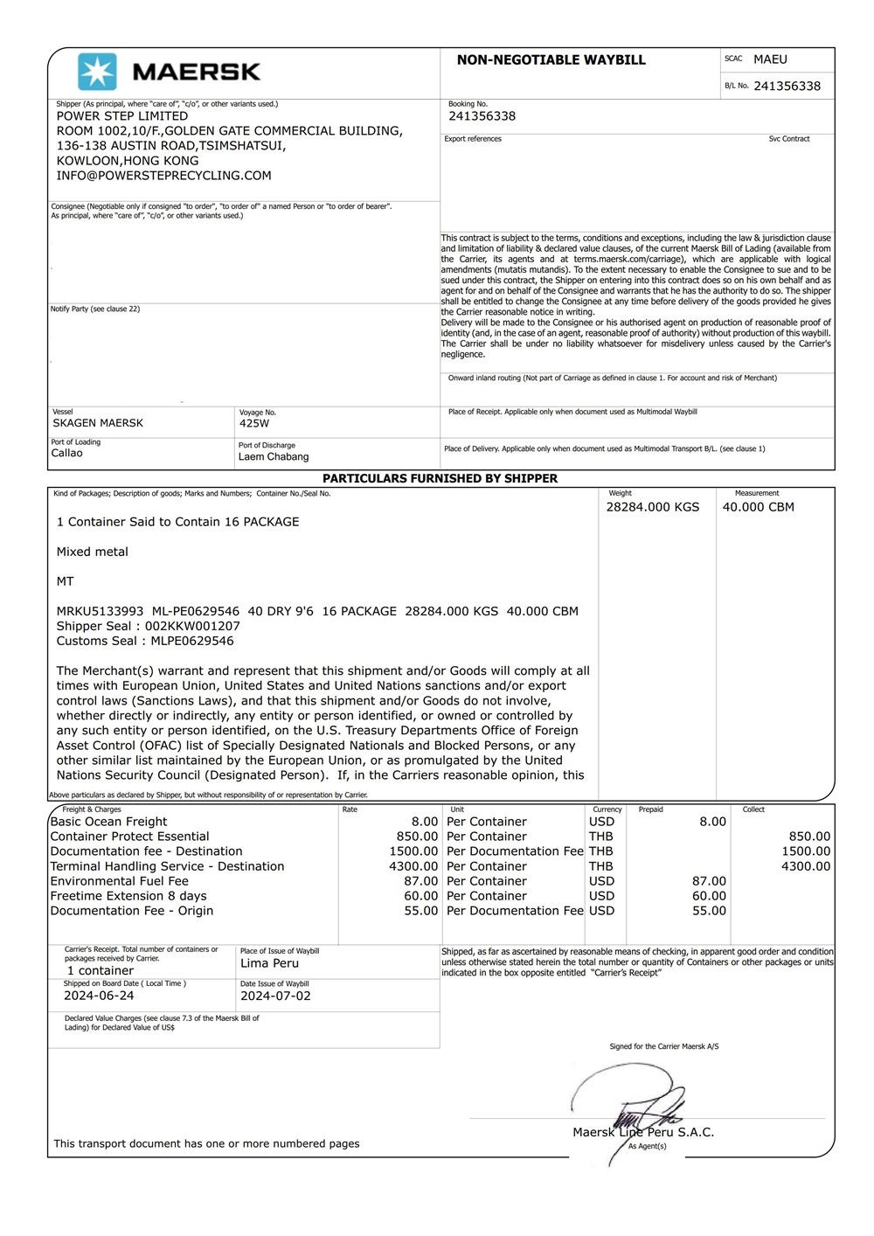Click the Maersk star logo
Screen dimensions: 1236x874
(x=97, y=72)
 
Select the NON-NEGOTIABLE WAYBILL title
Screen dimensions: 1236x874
(x=551, y=60)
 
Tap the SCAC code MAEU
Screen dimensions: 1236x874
(x=770, y=59)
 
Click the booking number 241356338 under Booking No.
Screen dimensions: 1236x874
(x=482, y=116)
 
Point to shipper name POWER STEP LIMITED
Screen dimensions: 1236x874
(x=122, y=116)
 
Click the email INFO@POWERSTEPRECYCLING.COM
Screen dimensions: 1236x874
(x=163, y=176)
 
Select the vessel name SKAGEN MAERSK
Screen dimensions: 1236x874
(x=98, y=423)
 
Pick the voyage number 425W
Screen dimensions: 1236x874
(x=254, y=423)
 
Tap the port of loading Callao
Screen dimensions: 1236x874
(x=67, y=453)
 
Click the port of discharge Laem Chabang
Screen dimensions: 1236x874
(x=274, y=456)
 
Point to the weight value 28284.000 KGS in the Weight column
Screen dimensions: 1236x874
(x=653, y=507)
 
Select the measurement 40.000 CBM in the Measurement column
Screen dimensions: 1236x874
(x=758, y=507)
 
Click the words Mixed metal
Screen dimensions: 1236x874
(x=93, y=552)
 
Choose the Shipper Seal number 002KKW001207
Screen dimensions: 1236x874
(x=192, y=626)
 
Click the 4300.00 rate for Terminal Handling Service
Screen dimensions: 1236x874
(x=413, y=866)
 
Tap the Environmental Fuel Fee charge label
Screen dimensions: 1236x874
(x=120, y=881)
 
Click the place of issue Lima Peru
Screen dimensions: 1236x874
(x=269, y=963)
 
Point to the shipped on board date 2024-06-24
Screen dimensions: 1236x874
(x=99, y=996)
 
